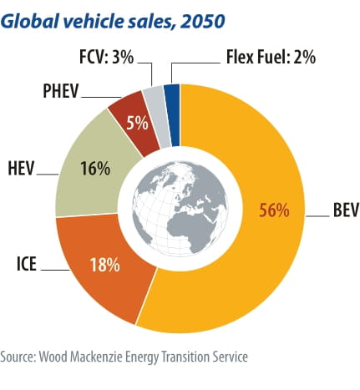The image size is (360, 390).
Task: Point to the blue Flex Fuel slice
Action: point(172,114)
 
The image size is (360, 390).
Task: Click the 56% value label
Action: point(274,210)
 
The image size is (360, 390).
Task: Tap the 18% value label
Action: point(105,265)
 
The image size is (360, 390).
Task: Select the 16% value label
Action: point(95,169)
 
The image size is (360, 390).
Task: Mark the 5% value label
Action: point(137,123)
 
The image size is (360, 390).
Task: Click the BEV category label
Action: point(346,210)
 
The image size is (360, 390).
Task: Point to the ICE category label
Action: point(27,264)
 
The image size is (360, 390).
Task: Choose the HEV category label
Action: point(21,168)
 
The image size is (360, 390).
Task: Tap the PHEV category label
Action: point(61,91)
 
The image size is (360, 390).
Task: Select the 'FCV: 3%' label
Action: point(107,57)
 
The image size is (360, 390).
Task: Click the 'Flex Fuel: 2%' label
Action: point(271,57)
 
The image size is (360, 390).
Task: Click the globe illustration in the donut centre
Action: point(180,209)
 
